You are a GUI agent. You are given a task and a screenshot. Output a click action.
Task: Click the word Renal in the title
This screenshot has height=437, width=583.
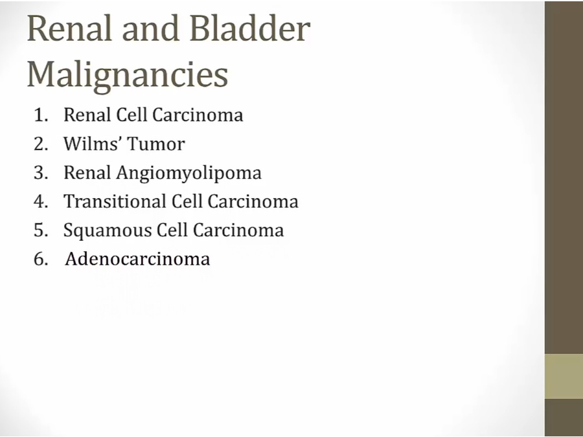[69, 28]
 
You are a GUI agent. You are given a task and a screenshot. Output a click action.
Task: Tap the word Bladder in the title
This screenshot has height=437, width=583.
[250, 28]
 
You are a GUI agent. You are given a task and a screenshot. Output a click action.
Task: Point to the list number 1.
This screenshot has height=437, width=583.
[41, 115]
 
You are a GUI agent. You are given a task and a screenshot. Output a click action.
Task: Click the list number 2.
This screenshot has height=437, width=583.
[41, 144]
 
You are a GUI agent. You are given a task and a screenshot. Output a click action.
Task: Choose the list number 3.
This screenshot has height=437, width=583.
[41, 173]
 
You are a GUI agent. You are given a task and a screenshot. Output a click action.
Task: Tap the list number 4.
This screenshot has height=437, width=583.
[41, 201]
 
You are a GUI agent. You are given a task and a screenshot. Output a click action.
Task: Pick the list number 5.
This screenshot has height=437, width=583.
[41, 230]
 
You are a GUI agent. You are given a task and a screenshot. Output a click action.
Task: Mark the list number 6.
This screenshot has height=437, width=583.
[41, 259]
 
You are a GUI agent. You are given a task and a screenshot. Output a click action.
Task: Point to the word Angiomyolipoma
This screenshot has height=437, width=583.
[189, 174]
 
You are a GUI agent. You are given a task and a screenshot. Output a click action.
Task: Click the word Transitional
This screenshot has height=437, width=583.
[115, 201]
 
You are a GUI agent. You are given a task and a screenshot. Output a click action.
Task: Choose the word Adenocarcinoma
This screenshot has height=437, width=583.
[137, 258]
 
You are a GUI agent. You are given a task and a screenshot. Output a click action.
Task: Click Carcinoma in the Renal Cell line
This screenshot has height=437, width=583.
[198, 115]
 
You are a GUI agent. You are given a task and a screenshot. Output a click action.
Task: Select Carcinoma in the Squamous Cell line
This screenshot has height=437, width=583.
[238, 230]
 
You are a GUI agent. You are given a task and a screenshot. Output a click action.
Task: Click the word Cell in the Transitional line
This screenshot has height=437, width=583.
[187, 201]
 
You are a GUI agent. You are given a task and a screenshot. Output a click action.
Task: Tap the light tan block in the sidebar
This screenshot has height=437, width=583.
[564, 376]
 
